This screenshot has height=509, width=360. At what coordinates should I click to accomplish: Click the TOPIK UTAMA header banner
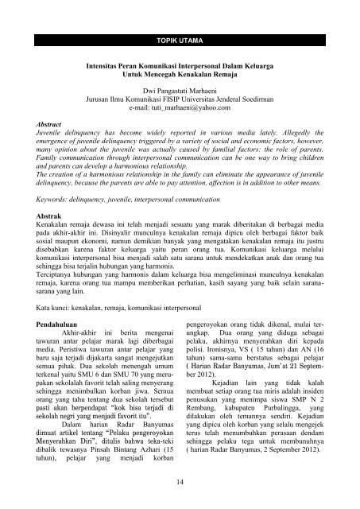(x=180, y=37)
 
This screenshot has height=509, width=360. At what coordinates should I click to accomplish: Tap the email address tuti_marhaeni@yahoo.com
(x=191, y=116)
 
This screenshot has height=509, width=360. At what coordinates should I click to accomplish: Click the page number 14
(x=180, y=482)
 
